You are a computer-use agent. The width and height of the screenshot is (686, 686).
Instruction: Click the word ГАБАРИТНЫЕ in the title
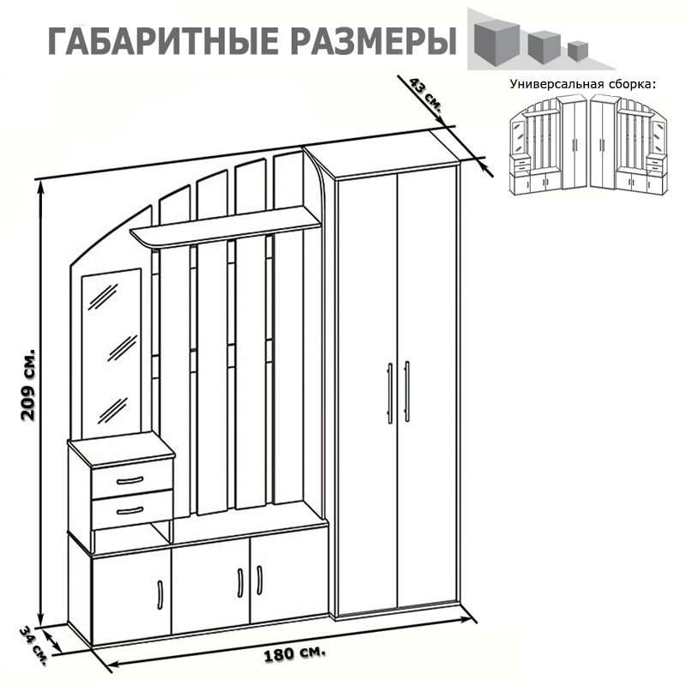click(x=158, y=40)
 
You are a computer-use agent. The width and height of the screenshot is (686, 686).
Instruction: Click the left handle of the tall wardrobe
click(x=390, y=392)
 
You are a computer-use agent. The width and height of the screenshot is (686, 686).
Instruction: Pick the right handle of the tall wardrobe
click(x=406, y=392)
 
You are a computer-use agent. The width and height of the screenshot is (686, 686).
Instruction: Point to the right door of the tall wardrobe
click(x=426, y=386)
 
